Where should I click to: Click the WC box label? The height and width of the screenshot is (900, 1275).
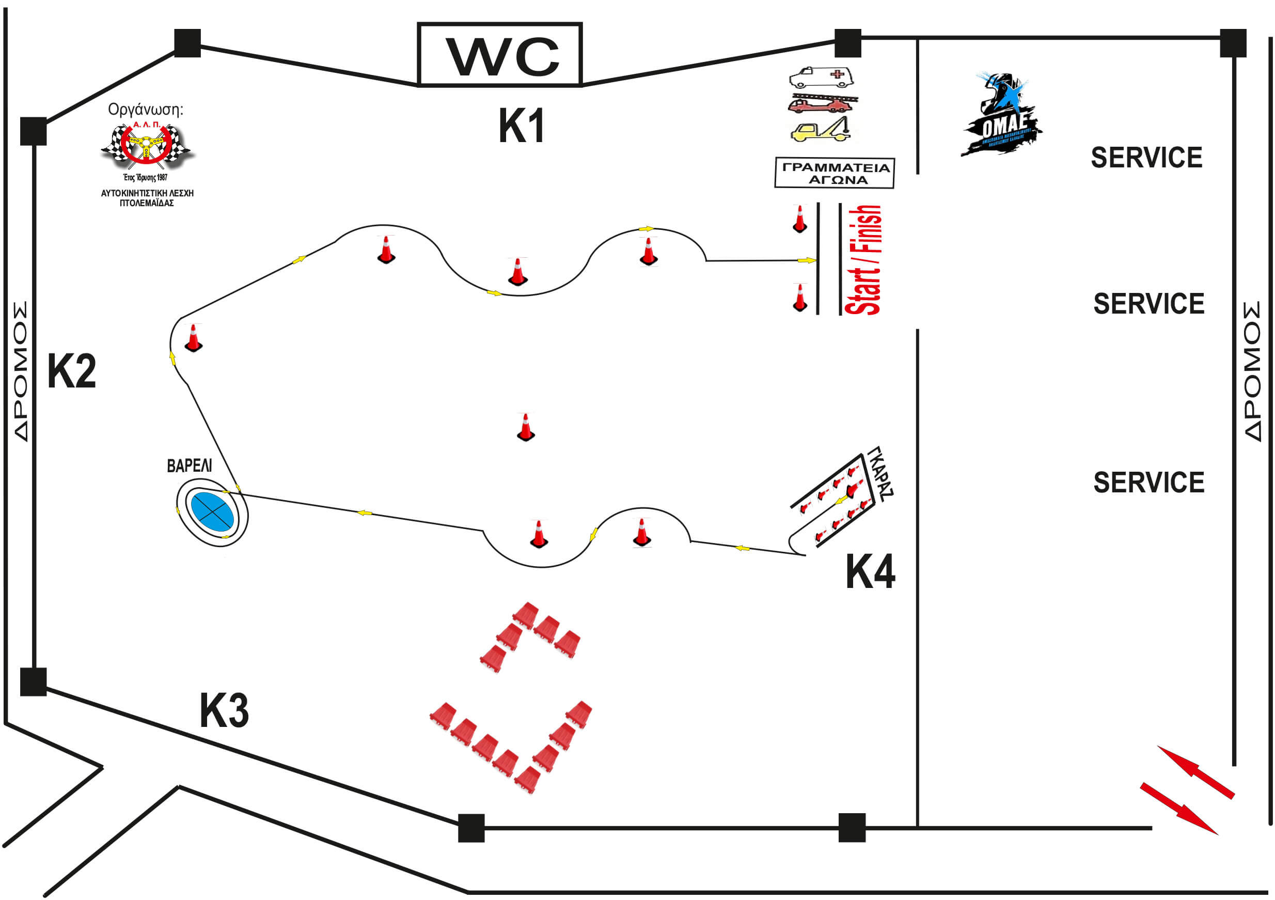(x=499, y=55)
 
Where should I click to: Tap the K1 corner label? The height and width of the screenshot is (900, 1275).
(x=522, y=126)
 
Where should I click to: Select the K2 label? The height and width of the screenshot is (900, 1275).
(x=72, y=371)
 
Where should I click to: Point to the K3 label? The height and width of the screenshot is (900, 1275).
(x=224, y=710)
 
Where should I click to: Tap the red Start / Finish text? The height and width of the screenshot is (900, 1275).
(x=863, y=260)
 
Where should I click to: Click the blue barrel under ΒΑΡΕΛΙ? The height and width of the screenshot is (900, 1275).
(x=212, y=510)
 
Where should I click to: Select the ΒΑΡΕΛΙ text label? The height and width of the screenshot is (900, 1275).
(x=190, y=465)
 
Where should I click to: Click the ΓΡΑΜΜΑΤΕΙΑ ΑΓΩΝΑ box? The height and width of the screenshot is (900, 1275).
(x=835, y=173)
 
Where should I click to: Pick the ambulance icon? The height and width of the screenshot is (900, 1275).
(x=821, y=78)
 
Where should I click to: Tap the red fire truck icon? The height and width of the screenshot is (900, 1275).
(x=822, y=104)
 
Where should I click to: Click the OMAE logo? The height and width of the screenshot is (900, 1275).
(x=1001, y=116)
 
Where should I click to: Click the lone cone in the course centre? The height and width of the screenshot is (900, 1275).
(x=525, y=428)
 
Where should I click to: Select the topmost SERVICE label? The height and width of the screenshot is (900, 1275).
(x=1146, y=158)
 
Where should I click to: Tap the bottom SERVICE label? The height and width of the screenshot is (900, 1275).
(x=1148, y=482)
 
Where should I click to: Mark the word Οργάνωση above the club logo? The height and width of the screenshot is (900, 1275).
(x=146, y=110)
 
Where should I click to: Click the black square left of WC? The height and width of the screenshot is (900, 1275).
(x=187, y=43)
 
